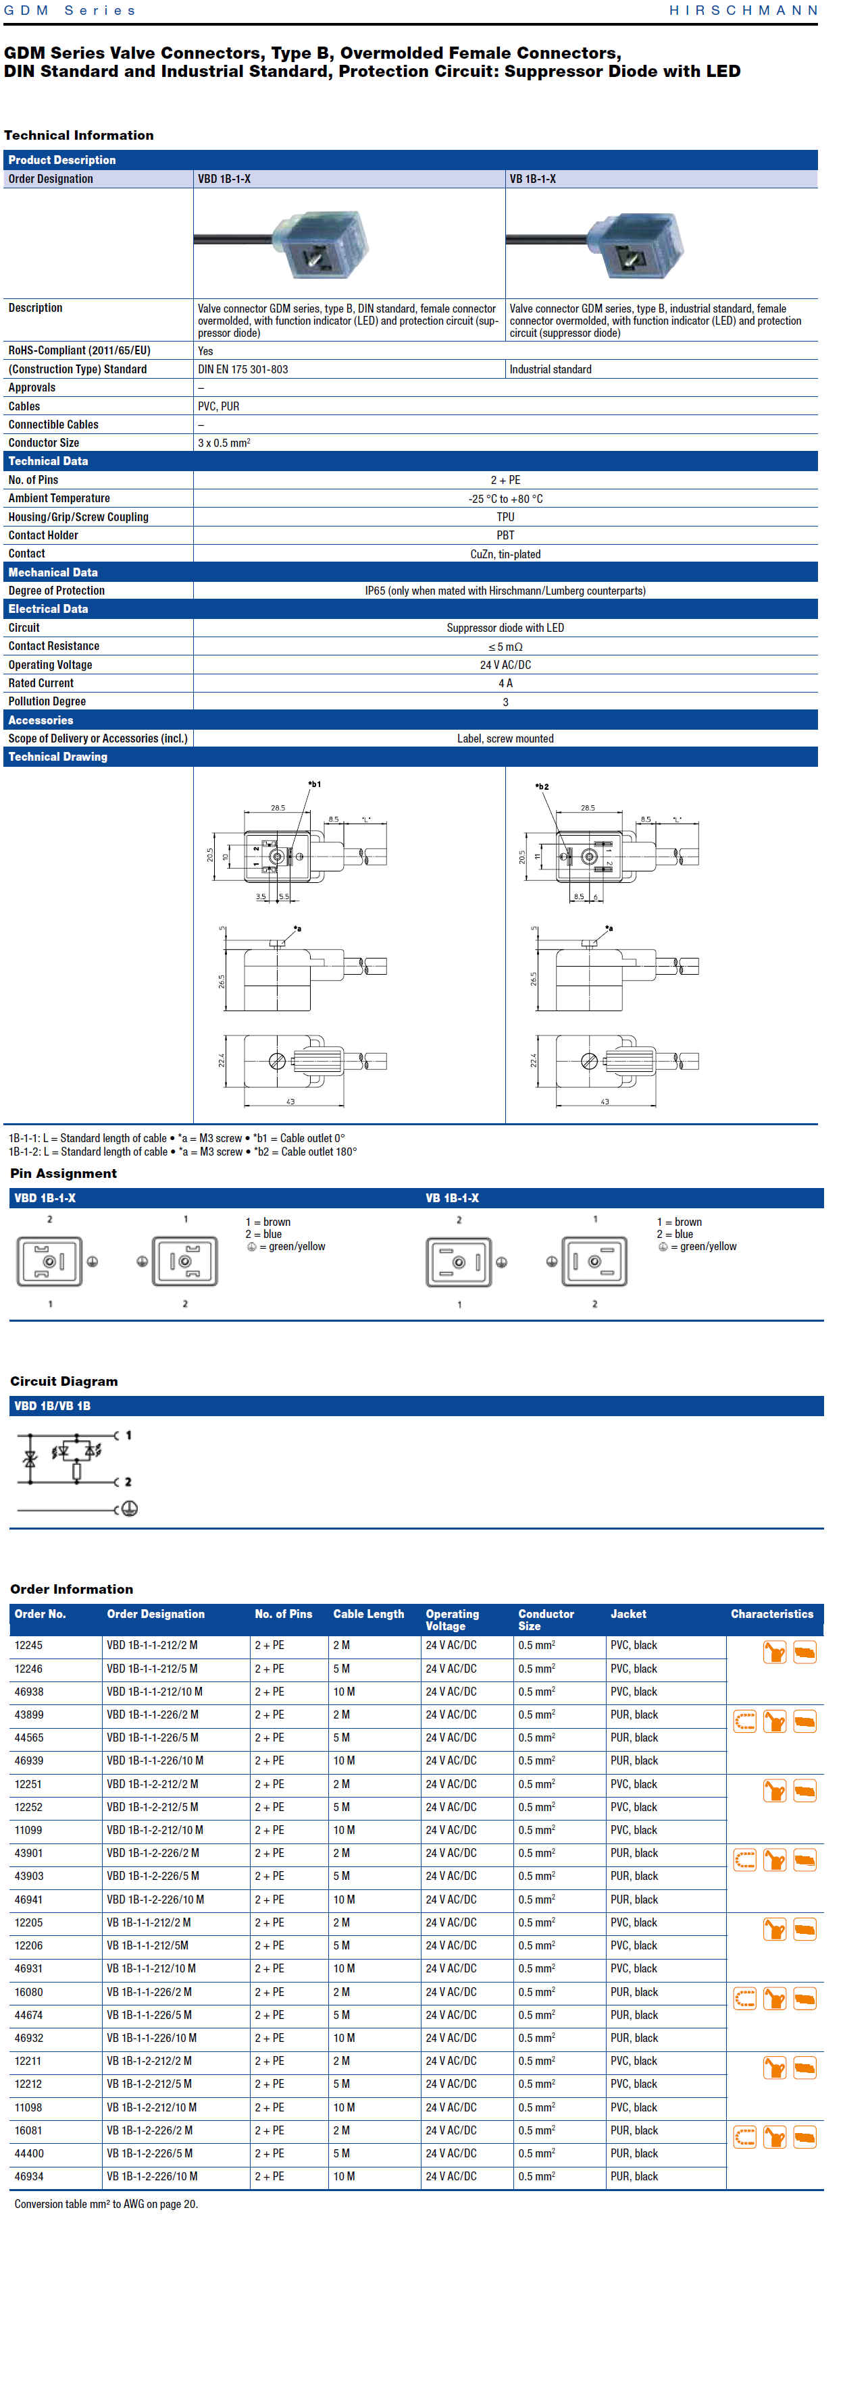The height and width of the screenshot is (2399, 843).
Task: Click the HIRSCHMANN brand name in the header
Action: click(x=742, y=10)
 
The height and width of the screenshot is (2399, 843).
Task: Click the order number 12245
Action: click(x=28, y=1646)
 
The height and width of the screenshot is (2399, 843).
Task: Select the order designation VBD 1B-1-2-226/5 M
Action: click(x=153, y=1877)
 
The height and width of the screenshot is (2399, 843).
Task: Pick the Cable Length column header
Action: click(x=368, y=1614)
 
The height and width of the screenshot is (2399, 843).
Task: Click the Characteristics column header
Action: click(x=771, y=1614)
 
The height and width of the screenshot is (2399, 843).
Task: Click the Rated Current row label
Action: click(x=41, y=682)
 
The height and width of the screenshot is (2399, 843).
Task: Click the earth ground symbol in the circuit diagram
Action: click(x=130, y=1509)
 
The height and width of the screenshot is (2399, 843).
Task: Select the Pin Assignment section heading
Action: click(x=63, y=1173)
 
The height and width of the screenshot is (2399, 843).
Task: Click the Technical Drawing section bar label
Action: click(x=57, y=757)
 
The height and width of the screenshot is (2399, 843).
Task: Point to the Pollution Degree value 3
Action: click(x=505, y=702)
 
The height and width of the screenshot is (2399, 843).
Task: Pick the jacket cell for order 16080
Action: click(x=634, y=1992)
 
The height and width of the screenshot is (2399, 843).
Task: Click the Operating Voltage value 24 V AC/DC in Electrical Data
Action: click(x=505, y=665)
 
